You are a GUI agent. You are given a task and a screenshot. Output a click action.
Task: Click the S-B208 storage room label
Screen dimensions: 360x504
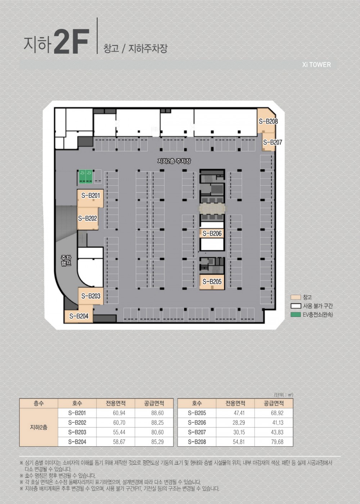pos(268,122)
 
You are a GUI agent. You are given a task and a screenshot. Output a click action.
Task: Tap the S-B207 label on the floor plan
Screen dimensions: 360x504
pos(273,142)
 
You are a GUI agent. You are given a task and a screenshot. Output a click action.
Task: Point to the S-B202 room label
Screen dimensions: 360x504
pos(87,218)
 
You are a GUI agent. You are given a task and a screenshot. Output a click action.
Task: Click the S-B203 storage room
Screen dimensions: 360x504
pos(91,296)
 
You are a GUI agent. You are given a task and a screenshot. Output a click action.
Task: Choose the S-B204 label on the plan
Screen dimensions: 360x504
pos(79,316)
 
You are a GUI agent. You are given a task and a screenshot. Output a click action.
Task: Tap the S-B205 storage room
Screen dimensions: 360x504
pos(212,281)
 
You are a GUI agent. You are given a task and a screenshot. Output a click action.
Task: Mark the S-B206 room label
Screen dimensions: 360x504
pos(212,233)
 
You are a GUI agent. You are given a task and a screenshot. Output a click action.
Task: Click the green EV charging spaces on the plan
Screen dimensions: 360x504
pos(86,176)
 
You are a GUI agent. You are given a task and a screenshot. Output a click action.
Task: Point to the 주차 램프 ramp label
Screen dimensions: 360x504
pos(66,260)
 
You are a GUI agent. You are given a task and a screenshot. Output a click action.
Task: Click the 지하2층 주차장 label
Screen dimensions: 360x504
pos(174,161)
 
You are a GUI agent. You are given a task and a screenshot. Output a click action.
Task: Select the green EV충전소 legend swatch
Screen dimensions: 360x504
pos(296,314)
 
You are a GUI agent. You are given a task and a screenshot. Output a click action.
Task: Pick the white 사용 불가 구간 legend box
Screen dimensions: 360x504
pos(296,306)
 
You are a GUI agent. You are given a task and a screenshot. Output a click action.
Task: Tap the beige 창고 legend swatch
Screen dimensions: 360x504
pos(296,297)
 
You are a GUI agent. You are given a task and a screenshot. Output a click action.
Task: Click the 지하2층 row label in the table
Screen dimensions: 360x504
pos(39,427)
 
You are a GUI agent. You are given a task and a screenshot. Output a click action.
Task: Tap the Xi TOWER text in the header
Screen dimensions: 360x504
pos(316,65)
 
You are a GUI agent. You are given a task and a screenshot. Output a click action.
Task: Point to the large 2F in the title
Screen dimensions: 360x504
pos(71,42)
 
